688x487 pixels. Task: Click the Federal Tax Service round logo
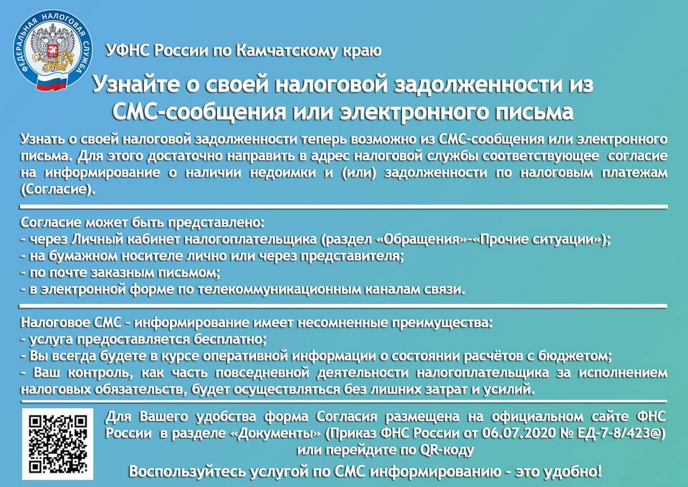[x=52, y=49]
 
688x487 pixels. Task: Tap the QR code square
[x=57, y=443]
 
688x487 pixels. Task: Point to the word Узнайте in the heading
[x=132, y=85]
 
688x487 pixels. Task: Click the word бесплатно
[x=231, y=339]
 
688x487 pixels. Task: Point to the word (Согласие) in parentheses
[x=58, y=189]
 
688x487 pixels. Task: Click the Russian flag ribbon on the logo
[x=52, y=82]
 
